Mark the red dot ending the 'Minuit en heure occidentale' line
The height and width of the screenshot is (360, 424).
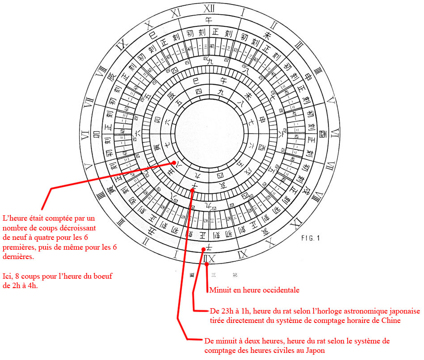206,264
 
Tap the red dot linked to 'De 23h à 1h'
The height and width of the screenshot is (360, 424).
204,249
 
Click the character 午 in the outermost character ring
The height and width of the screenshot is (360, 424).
207,20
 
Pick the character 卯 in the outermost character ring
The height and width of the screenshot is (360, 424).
96,135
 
